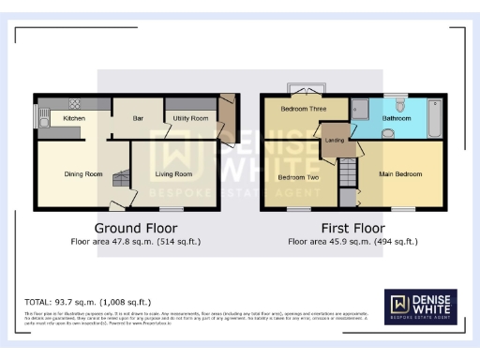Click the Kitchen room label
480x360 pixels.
click(74, 119)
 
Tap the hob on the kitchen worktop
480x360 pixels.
click(75, 102)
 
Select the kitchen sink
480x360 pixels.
click(42, 116)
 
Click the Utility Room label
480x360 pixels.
click(190, 119)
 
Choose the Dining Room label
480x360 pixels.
click(82, 173)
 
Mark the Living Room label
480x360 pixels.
click(173, 173)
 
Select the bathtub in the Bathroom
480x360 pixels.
click(434, 116)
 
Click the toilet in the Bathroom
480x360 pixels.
click(400, 105)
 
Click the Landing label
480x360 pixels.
click(335, 141)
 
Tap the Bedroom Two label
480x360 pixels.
click(298, 176)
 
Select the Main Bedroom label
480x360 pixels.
click(400, 173)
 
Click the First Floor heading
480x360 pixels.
click(352, 228)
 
